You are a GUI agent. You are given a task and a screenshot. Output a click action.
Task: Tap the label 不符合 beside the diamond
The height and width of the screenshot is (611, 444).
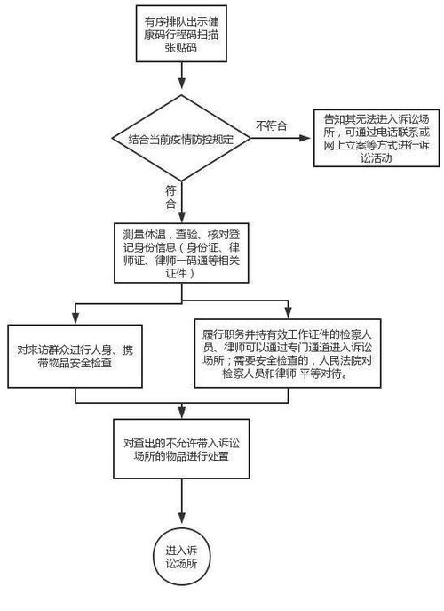pos(271,125)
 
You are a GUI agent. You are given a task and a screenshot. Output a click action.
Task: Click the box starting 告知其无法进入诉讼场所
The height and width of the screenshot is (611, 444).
pos(376,139)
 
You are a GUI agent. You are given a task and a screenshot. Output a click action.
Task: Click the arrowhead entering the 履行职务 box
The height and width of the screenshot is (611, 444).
pos(287,317)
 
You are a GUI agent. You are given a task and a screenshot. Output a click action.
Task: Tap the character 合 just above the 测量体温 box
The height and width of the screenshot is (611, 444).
pos(170,205)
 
